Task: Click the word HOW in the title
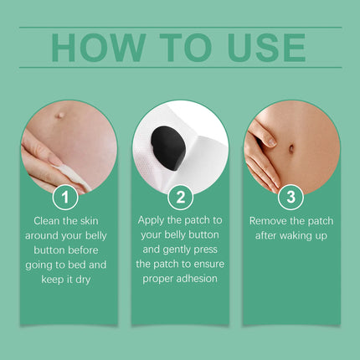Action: (x=97, y=48)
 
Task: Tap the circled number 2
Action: (x=179, y=198)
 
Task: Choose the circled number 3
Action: (x=291, y=198)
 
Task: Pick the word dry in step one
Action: (x=86, y=278)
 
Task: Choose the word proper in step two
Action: (x=159, y=278)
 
